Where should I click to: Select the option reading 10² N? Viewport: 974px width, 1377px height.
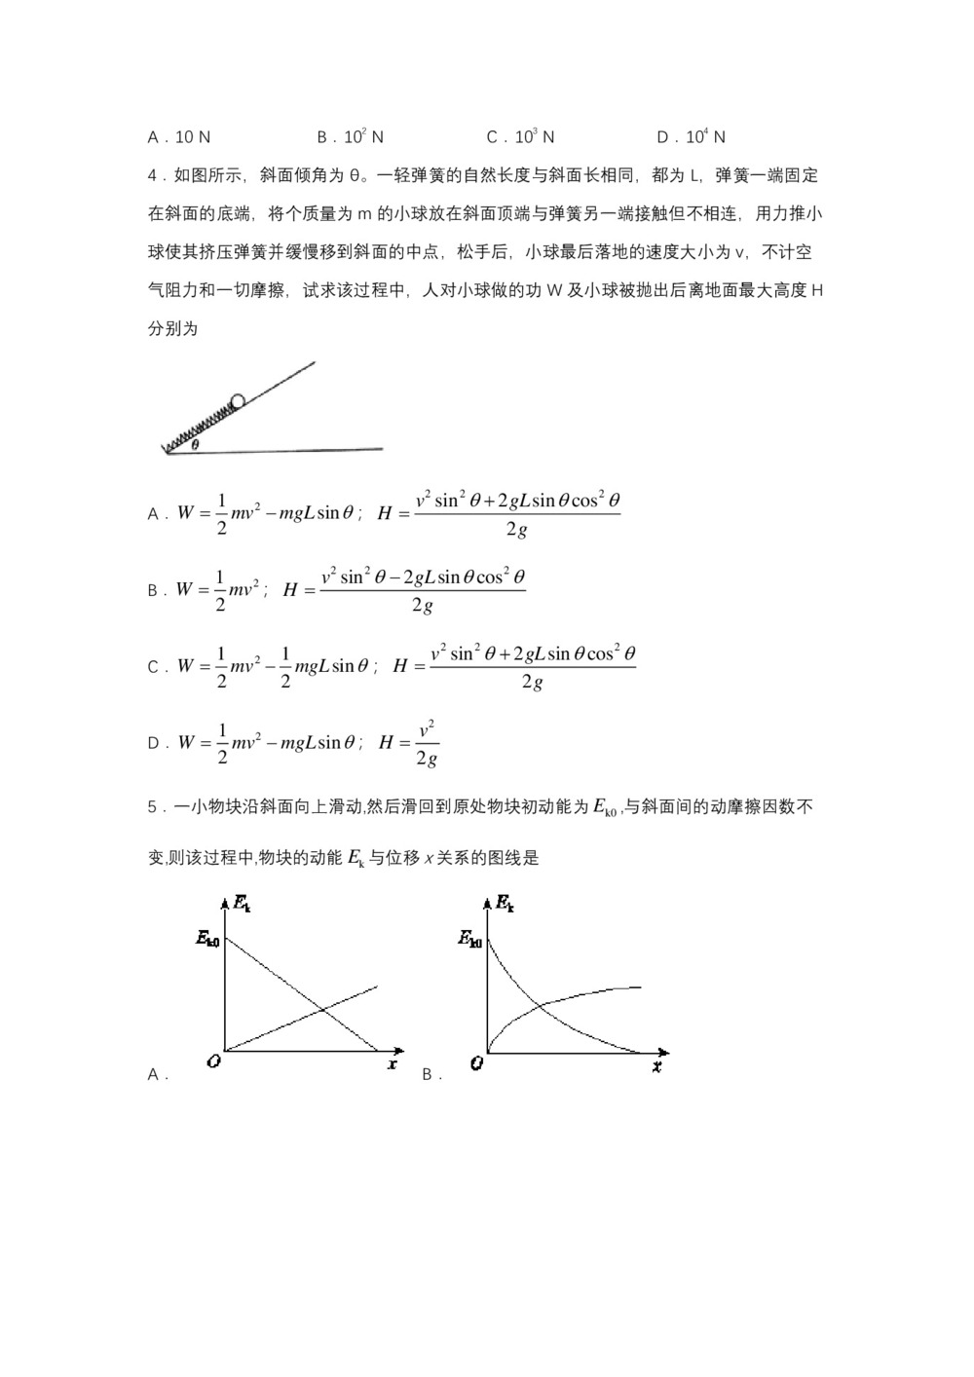[351, 137]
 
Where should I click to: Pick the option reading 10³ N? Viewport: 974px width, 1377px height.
[521, 137]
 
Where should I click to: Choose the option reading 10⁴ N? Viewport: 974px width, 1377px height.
[692, 137]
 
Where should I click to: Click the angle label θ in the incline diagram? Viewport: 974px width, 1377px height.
[195, 445]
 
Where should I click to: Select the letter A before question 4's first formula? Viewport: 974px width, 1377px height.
[153, 513]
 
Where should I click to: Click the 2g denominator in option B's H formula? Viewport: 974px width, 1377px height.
[421, 606]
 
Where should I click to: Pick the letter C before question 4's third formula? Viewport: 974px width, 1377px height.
[153, 667]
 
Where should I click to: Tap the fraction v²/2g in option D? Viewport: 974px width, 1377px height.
[426, 743]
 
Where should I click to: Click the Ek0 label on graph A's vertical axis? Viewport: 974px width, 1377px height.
[206, 940]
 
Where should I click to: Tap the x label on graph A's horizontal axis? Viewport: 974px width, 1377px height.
[392, 1064]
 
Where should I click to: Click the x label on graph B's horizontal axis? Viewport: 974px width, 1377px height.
[656, 1067]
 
